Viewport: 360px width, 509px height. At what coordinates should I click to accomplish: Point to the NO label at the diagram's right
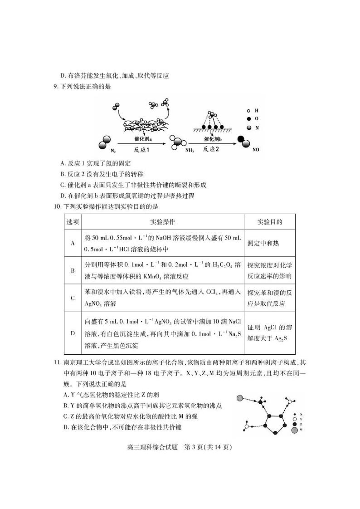click(256, 149)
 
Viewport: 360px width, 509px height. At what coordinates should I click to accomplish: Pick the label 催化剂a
click(143, 139)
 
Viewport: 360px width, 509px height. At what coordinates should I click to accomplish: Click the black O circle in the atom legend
click(248, 119)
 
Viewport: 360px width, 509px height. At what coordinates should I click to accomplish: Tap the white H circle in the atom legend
click(248, 110)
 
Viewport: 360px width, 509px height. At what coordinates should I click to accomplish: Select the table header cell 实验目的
click(269, 222)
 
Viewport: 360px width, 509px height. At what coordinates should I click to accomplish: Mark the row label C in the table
click(73, 298)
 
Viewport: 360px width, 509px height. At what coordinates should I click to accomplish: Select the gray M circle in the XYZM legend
click(295, 429)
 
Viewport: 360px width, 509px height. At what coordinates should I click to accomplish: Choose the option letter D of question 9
click(63, 196)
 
